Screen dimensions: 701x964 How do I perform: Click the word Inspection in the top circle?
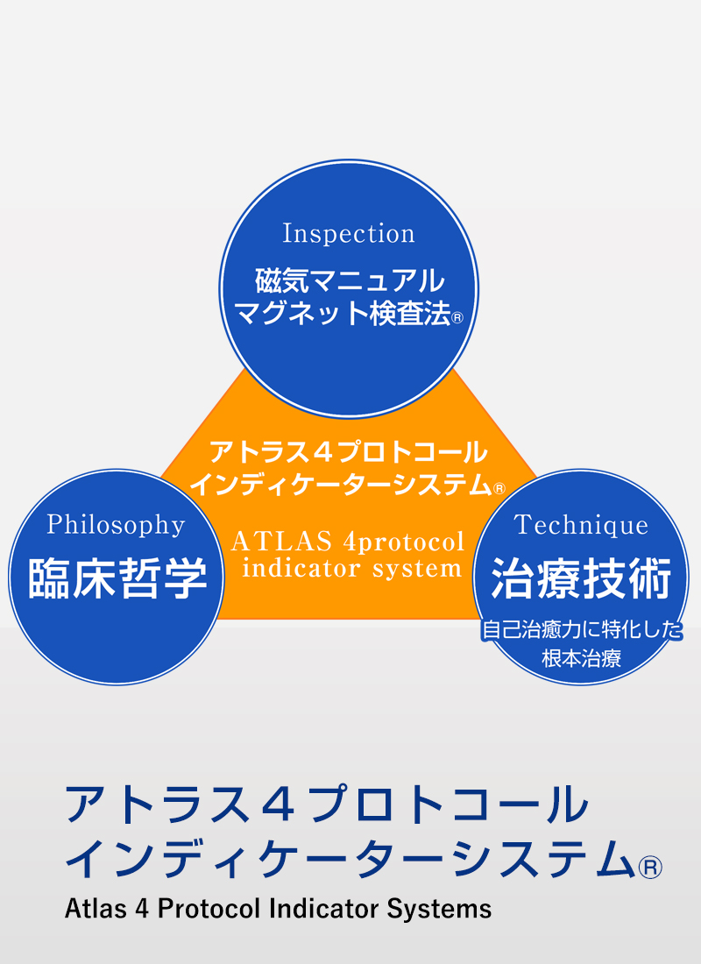(349, 234)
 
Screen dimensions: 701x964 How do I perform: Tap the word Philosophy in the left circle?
(117, 526)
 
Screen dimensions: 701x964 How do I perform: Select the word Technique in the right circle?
(581, 525)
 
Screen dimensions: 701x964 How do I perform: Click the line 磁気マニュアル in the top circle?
(350, 281)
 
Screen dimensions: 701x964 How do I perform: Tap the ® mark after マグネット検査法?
(457, 318)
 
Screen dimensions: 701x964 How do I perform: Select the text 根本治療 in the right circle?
(581, 658)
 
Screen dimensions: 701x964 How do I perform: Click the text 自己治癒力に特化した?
(582, 629)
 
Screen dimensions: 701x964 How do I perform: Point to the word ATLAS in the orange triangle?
(281, 542)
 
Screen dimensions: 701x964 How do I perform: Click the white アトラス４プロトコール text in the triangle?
(349, 452)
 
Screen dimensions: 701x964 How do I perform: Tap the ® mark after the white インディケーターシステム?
(499, 489)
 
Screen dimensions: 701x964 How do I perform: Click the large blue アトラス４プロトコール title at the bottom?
(327, 805)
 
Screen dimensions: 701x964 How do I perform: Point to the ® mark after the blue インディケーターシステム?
(650, 867)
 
